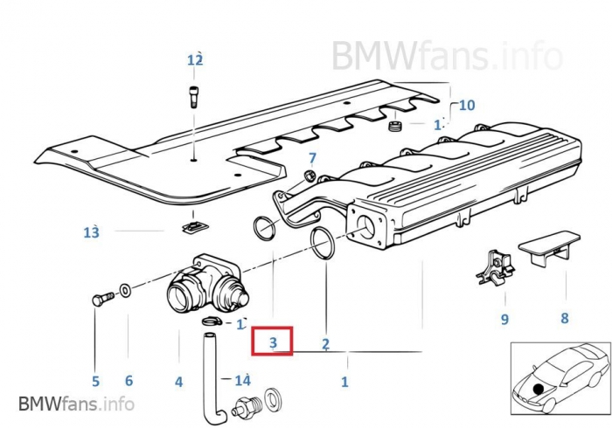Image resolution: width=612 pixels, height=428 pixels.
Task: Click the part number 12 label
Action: click(194, 59)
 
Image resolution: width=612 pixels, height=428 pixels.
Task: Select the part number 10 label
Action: click(467, 105)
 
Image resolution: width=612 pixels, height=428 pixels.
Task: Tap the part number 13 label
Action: click(92, 231)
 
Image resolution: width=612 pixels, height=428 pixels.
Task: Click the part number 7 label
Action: click(310, 158)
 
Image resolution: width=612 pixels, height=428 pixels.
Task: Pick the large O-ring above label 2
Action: click(322, 243)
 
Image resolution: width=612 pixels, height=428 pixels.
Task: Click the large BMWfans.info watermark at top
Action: click(446, 55)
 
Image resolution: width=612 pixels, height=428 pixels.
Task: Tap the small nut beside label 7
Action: click(309, 177)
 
